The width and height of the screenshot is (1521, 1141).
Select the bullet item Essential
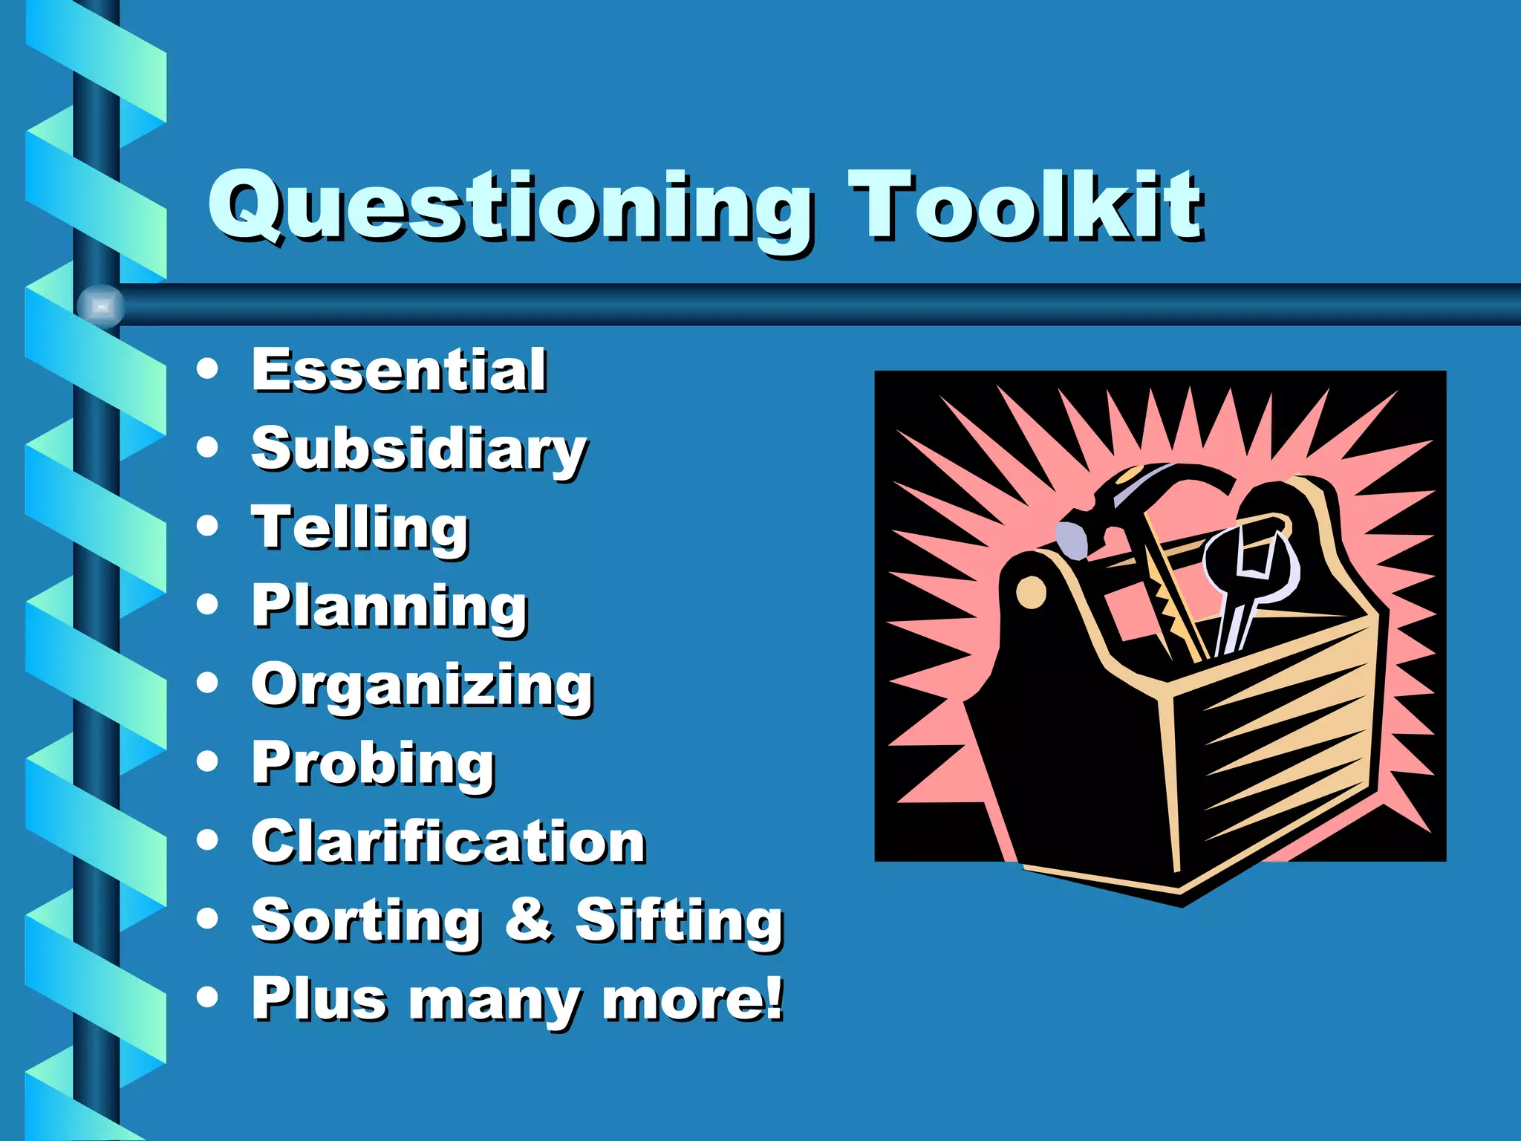coord(399,370)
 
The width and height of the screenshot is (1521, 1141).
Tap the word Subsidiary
coord(419,450)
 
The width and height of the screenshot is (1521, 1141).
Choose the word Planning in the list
coord(389,608)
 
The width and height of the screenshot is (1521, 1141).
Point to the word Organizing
coord(422,686)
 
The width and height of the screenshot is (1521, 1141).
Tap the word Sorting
coord(366,921)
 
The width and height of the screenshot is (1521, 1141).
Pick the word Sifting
coord(680,921)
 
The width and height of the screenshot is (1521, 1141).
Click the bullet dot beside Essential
coord(208,368)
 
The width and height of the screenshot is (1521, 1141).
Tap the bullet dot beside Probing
coord(208,761)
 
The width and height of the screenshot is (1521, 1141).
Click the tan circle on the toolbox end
coord(1030,592)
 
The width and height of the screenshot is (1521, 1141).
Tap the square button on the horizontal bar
coord(101,306)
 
